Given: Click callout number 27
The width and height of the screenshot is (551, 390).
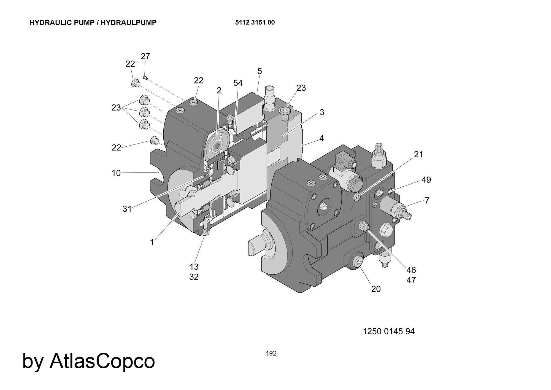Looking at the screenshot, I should coord(145,56).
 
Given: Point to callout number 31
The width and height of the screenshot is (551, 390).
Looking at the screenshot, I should coord(127,209).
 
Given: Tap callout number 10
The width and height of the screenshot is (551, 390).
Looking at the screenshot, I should coord(116,173).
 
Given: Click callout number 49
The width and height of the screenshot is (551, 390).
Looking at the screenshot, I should coord(426,180).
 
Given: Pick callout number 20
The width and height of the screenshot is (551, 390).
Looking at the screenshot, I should coord(376,289).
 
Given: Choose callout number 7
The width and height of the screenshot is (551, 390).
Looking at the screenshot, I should coord(427,200).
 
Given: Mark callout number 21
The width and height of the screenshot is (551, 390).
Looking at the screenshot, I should coord(418,154).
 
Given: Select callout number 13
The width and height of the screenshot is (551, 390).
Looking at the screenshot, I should coord(194,267).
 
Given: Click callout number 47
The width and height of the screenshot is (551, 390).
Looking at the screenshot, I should coord(411,280).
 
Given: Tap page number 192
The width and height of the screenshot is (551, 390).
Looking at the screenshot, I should coord(271,353).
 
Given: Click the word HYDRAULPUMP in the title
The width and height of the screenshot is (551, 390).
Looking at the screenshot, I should coord(128,23).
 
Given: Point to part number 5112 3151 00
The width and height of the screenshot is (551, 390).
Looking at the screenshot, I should coord(255,22).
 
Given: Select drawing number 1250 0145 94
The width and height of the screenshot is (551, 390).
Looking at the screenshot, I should coord(388,331).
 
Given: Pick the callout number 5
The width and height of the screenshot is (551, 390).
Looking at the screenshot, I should coord(260,71).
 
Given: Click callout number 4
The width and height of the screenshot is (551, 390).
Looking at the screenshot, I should coord(321,138).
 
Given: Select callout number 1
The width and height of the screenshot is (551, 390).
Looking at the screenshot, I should coord(152,242).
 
